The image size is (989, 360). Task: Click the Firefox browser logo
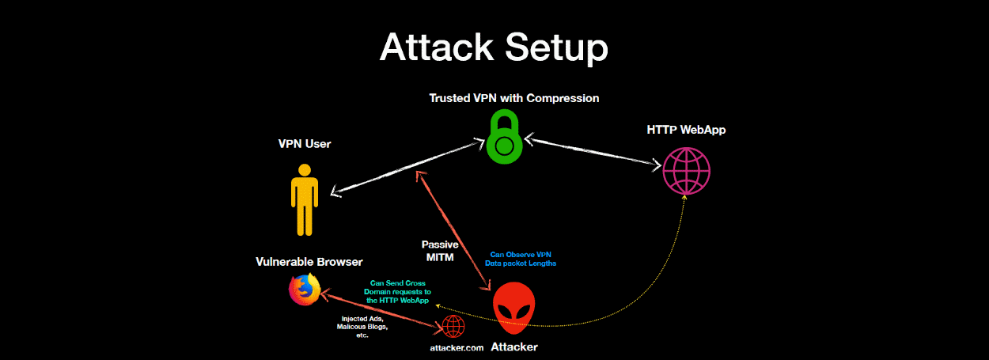304,290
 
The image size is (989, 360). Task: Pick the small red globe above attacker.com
453,326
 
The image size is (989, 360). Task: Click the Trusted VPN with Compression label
513,99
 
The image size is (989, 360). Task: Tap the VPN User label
304,144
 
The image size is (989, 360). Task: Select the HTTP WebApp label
685,130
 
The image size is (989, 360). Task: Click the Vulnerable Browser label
309,261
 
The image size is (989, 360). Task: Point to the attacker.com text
451,347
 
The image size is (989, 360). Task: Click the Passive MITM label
440,251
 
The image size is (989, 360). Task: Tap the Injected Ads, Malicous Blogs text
362,326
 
